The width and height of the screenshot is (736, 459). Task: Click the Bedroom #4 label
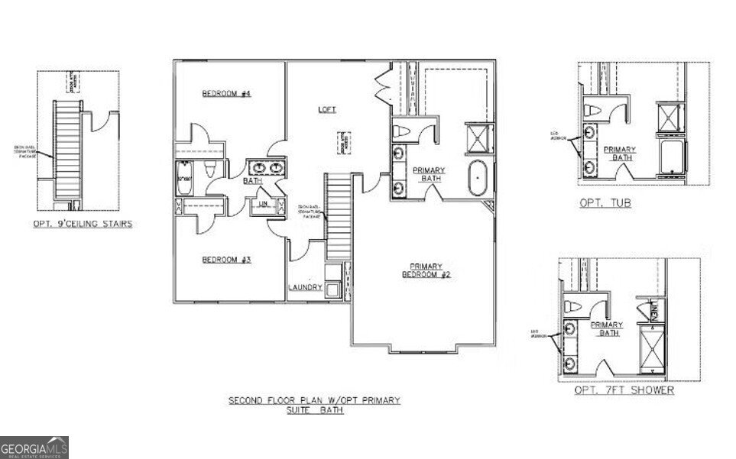tap(226, 94)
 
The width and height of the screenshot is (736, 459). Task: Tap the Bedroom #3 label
tap(226, 260)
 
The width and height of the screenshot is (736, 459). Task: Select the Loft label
tap(327, 110)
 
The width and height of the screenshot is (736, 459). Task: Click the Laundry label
tap(304, 288)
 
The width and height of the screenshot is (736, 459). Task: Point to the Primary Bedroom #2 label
tap(426, 270)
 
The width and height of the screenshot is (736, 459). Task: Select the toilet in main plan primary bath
tap(400, 132)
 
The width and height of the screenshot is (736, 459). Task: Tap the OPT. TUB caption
tap(605, 204)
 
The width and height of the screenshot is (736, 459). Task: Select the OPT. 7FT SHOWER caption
tap(624, 390)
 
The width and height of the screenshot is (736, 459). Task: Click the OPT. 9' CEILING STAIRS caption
tap(83, 224)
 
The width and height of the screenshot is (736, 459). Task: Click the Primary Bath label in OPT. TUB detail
tap(620, 153)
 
